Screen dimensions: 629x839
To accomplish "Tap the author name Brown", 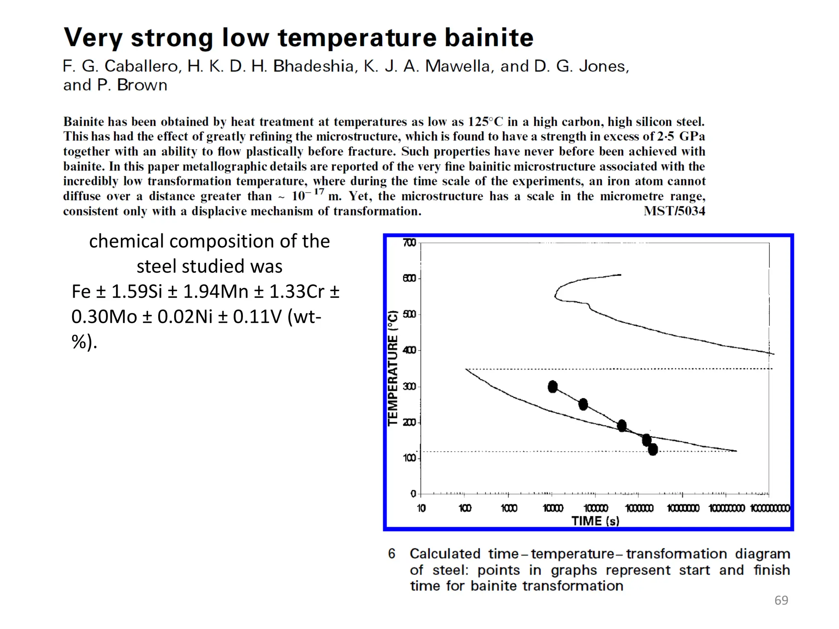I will pos(142,85).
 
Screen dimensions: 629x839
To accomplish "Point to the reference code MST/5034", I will pos(674,211).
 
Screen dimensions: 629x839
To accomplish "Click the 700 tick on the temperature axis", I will pos(409,243).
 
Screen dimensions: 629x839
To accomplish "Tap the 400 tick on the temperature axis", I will pos(409,350).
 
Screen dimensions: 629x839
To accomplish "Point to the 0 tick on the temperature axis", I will pos(413,494).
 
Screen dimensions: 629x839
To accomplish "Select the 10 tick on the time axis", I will pos(421,508).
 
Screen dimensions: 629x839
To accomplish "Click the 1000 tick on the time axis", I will pos(509,508).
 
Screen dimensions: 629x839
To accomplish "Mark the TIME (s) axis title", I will pos(595,521).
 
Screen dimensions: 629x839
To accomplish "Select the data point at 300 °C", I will pos(553,387).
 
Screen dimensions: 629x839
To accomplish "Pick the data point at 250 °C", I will pos(583,405).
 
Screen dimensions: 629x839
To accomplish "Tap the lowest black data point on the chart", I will pos(653,449).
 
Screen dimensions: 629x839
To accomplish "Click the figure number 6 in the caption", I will pos(392,554).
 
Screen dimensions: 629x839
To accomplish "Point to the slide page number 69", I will pos(781,600).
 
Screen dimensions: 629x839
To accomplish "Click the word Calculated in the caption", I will pos(445,554).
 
